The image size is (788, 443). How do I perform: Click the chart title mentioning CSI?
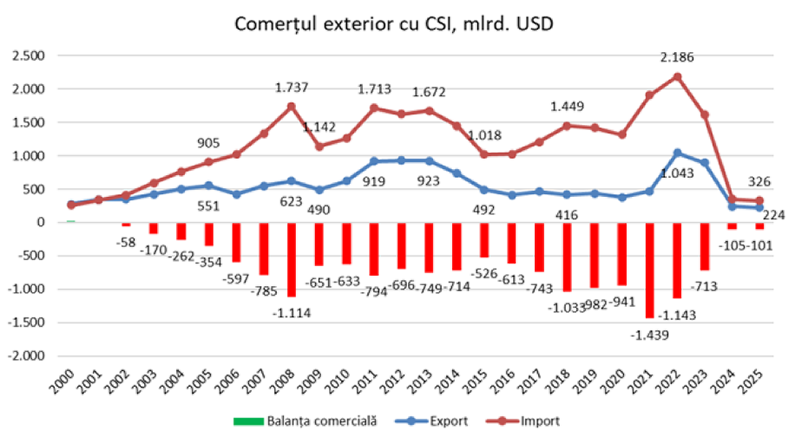(x=394, y=24)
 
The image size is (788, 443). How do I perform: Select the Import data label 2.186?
(x=676, y=58)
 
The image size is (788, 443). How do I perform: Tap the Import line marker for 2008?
(x=291, y=106)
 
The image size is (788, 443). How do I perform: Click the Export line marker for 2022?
(x=677, y=153)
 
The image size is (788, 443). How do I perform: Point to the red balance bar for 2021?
(x=649, y=270)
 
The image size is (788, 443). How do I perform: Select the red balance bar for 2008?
(x=291, y=260)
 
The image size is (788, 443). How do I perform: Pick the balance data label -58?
(x=124, y=243)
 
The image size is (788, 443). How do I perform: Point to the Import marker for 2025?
(x=760, y=201)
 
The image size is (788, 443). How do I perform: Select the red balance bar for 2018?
(x=567, y=257)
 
